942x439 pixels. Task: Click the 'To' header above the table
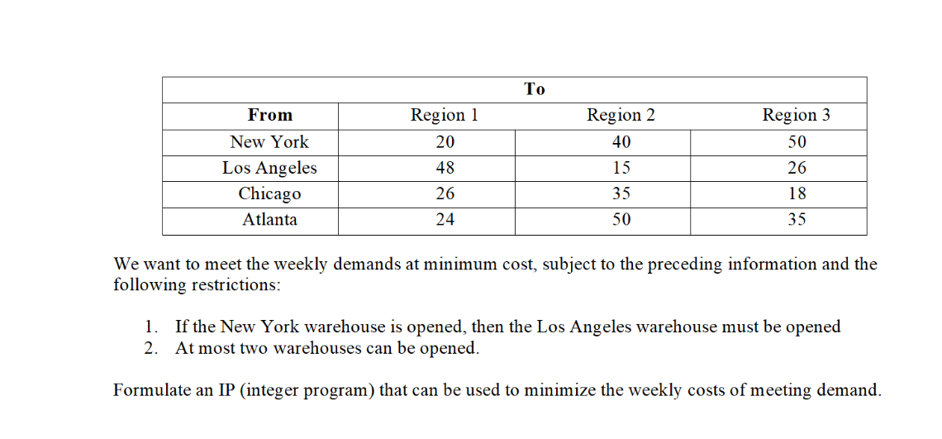(x=535, y=89)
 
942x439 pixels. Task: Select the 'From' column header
(x=270, y=116)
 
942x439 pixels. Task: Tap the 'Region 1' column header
(x=445, y=116)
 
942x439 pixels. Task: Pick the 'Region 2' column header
(x=621, y=116)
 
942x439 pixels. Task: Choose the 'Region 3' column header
(x=796, y=116)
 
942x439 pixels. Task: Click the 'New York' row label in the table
(x=269, y=141)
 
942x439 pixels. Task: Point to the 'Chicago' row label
(x=269, y=193)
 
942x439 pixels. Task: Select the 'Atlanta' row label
(x=269, y=220)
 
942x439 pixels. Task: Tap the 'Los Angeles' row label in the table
(x=269, y=168)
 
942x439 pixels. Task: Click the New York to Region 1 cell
(x=445, y=141)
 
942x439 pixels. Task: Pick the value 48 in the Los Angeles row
(x=445, y=168)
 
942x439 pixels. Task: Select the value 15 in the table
(x=621, y=168)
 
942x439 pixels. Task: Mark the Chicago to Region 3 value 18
(x=797, y=193)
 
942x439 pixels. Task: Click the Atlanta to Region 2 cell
(x=621, y=220)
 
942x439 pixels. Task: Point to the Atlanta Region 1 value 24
(x=445, y=220)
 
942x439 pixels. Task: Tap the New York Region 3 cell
(x=797, y=141)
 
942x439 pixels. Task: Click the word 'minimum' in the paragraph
(x=464, y=265)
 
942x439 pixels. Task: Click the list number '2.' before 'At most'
(x=150, y=348)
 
